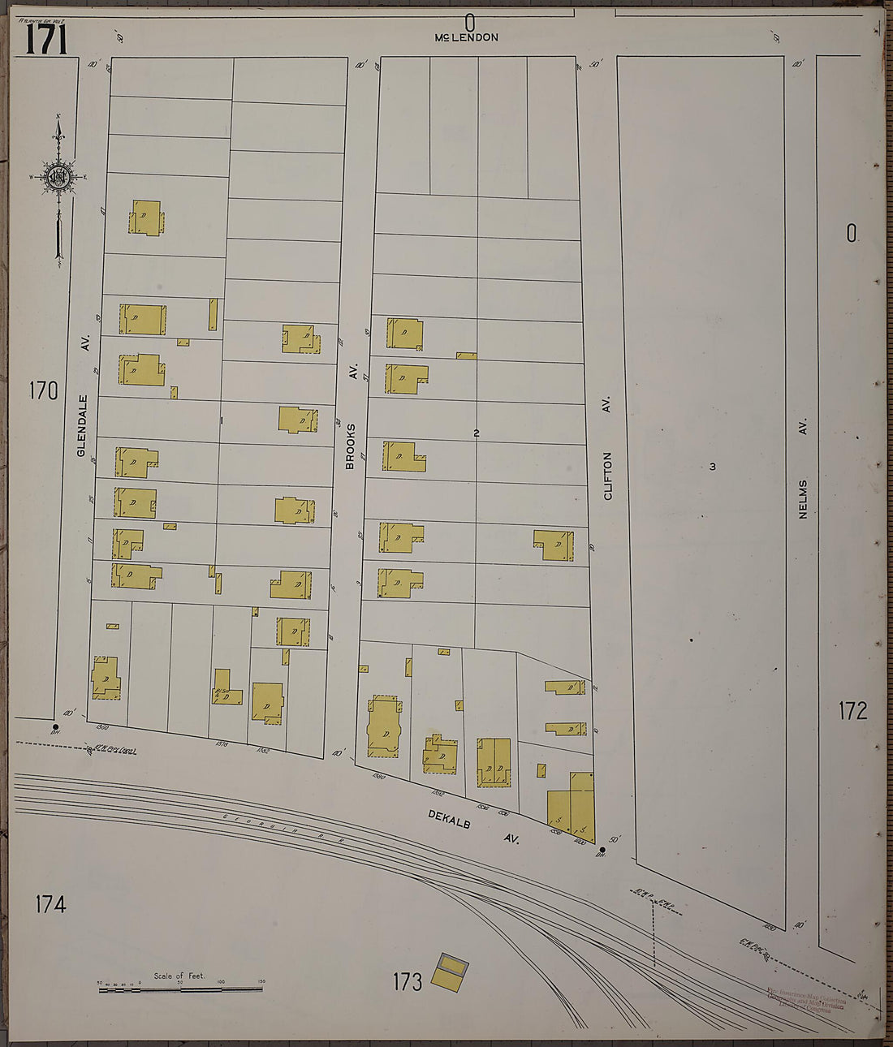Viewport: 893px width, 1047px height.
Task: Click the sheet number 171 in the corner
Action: coord(45,39)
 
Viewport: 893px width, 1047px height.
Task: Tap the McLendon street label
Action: coord(466,37)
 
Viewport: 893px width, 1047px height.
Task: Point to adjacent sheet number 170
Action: coord(43,390)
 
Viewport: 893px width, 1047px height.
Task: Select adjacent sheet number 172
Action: coord(852,711)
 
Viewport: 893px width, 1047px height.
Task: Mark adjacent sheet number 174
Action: coord(50,903)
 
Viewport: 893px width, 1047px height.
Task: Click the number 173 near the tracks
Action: coord(407,982)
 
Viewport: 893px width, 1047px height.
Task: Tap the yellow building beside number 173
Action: coord(449,971)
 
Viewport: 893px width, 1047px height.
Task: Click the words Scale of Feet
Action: coord(179,976)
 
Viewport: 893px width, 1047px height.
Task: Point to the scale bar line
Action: coord(180,989)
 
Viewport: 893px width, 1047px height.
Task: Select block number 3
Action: coord(712,466)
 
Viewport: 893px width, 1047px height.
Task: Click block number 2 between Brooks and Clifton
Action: coord(477,433)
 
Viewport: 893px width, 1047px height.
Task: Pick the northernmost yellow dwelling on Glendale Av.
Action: coord(146,218)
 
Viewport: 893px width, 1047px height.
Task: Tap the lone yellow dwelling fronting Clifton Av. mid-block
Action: coord(554,545)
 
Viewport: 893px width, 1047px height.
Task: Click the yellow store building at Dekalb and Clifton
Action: coord(572,808)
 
